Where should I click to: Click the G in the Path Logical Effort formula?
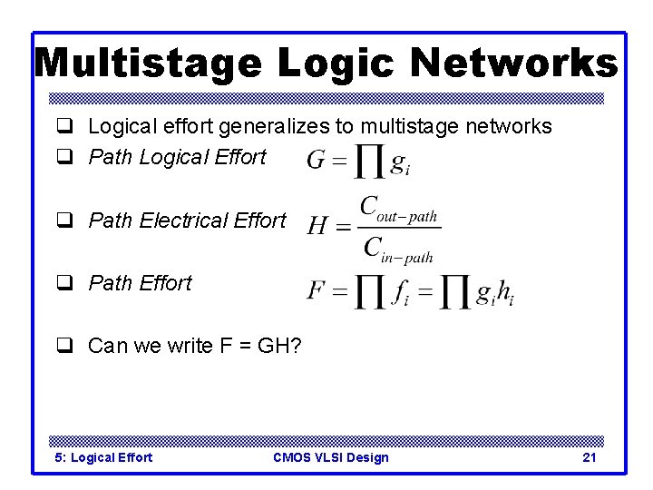pos(317,162)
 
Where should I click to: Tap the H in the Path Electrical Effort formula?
pos(317,225)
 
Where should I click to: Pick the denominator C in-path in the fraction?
pos(398,248)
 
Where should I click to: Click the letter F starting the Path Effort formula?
pos(316,290)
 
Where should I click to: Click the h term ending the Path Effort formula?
pos(506,292)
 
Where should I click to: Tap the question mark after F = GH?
pos(296,346)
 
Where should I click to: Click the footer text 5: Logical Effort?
pos(103,457)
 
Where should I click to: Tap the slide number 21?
pos(589,457)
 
